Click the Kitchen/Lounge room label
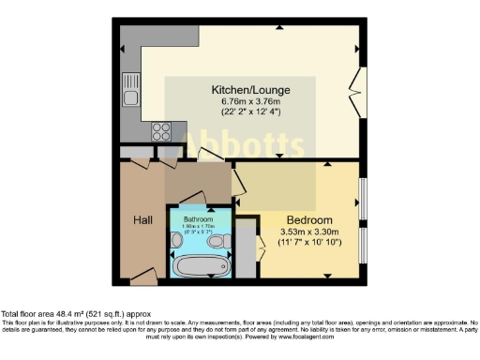coord(249,90)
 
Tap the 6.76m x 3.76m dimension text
coord(249,101)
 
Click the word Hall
coord(142,220)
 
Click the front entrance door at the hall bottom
coord(144,275)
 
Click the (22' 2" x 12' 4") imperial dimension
coord(249,112)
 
